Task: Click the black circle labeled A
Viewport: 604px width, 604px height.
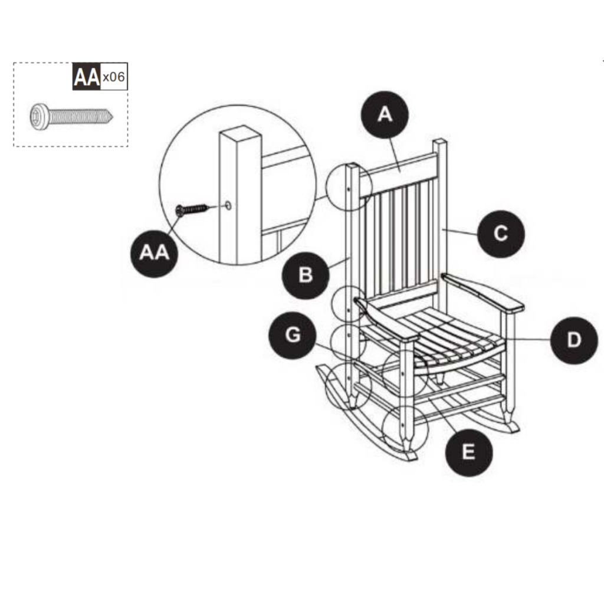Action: coord(385,115)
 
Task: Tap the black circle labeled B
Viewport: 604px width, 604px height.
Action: coord(305,275)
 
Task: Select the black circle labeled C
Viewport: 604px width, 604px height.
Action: coord(500,234)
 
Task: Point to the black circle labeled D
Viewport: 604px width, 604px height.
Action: coord(573,340)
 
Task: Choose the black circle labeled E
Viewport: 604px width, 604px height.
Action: coord(468,452)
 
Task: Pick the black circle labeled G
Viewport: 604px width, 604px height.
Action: coord(292,336)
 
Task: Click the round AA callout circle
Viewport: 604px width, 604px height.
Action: coord(154,254)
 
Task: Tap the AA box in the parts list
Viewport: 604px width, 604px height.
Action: coord(86,77)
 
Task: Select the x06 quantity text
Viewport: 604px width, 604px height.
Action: coord(114,77)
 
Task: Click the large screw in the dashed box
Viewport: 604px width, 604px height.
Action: coord(70,116)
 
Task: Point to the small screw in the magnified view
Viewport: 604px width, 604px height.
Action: coord(192,209)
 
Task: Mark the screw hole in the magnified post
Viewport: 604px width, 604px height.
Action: coord(228,205)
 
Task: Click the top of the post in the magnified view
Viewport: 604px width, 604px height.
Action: coord(241,133)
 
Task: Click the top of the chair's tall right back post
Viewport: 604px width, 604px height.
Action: coord(440,143)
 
